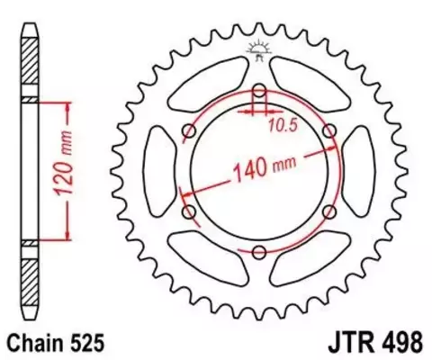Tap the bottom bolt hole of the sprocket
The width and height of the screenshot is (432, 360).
pos(259,251)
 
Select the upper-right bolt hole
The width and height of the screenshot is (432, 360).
pos(328,130)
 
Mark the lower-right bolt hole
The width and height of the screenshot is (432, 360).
pos(328,211)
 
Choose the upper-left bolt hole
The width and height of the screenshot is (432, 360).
pos(189,130)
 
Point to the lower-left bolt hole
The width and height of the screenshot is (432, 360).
pos(189,211)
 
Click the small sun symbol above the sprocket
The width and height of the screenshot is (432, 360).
pos(259,49)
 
